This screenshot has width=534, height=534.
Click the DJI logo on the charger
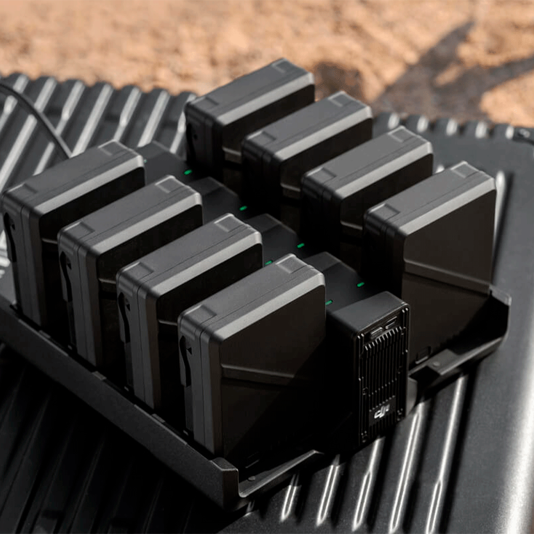click(380, 414)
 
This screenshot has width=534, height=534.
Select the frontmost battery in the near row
click(252, 351)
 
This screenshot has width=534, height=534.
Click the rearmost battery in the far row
click(249, 112)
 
